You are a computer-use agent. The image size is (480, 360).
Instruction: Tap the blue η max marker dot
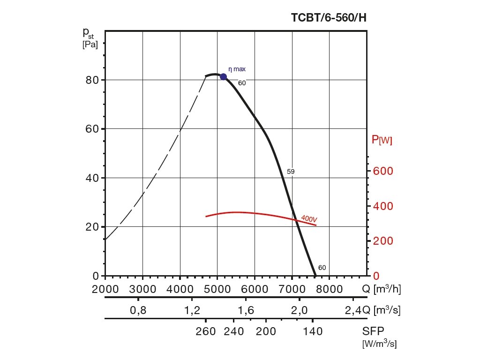[x=224, y=77]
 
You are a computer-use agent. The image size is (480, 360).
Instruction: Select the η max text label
[x=237, y=69]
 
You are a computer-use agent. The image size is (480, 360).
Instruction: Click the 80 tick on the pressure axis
[x=92, y=80]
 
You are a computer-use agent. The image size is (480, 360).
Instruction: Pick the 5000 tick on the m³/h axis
[x=217, y=289]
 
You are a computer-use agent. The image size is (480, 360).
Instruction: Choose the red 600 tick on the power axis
[x=382, y=171]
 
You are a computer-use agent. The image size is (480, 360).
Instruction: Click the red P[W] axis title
[x=382, y=140]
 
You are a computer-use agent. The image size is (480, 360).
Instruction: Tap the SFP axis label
[x=373, y=331]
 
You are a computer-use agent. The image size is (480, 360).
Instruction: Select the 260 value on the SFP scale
[x=206, y=332]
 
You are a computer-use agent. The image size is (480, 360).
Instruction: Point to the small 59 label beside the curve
[x=291, y=172]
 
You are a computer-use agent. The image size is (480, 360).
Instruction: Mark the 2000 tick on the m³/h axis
[x=105, y=289]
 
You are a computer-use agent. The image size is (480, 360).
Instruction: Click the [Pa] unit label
[x=90, y=45]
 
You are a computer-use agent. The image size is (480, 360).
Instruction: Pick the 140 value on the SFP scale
[x=313, y=332]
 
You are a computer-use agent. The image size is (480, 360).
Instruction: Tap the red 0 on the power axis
[x=375, y=276]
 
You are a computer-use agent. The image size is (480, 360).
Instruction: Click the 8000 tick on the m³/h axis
[x=329, y=289]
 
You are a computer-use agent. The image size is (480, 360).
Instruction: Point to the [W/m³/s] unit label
[x=379, y=344]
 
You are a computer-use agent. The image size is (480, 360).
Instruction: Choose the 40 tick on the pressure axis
[x=92, y=178]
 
